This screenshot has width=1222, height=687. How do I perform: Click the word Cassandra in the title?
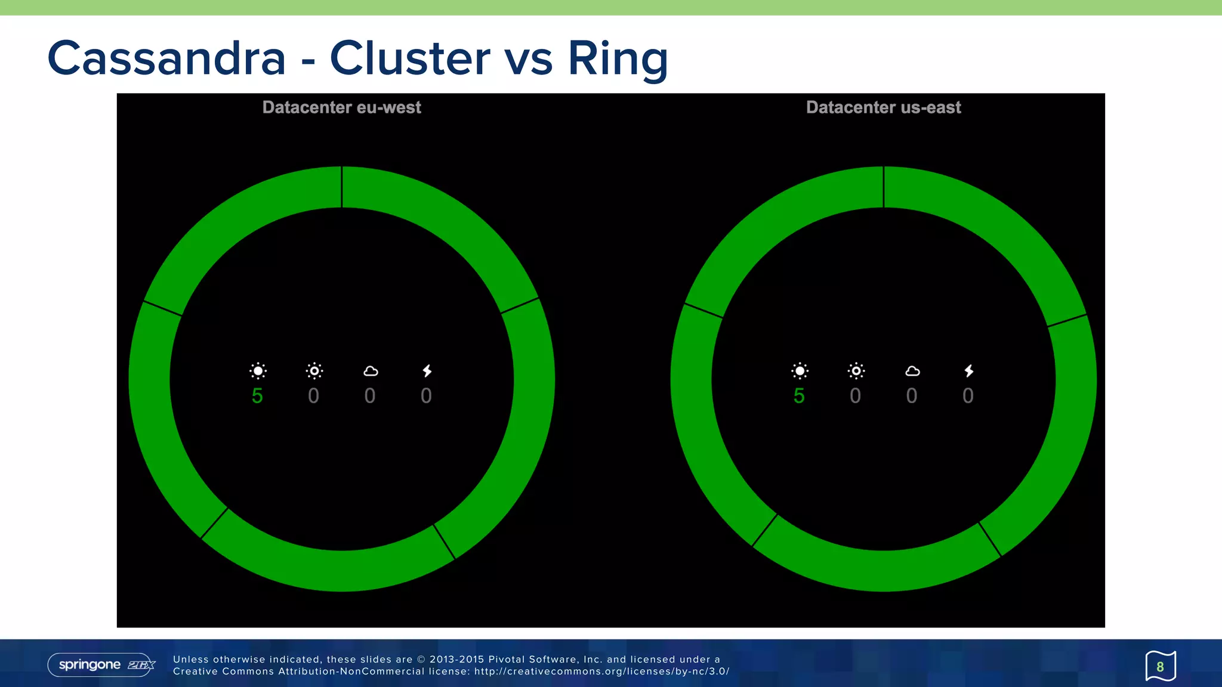pyautogui.click(x=166, y=58)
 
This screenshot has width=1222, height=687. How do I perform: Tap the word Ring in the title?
pyautogui.click(x=618, y=58)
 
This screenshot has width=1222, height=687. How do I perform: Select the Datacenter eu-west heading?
pyautogui.click(x=341, y=107)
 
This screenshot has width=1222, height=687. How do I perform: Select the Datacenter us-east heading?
pyautogui.click(x=883, y=107)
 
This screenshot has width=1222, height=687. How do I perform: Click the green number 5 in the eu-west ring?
pyautogui.click(x=257, y=396)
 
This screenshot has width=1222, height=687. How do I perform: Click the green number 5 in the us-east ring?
pyautogui.click(x=799, y=396)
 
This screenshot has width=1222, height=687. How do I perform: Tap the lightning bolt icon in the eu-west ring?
pyautogui.click(x=427, y=371)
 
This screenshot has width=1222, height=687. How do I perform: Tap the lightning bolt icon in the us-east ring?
pyautogui.click(x=969, y=371)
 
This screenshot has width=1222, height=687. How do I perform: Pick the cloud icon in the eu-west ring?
pyautogui.click(x=371, y=372)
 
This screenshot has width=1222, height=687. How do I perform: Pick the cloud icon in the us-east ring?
pyautogui.click(x=912, y=372)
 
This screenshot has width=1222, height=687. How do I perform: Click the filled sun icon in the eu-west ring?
pyautogui.click(x=258, y=371)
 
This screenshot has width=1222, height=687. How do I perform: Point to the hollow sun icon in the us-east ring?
pyautogui.click(x=856, y=371)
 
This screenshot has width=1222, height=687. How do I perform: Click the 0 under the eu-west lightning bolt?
pyautogui.click(x=426, y=396)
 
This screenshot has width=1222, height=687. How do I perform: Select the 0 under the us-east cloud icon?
pyautogui.click(x=911, y=396)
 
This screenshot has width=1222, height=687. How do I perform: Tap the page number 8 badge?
pyautogui.click(x=1160, y=666)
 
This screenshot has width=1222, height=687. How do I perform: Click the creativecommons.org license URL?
pyautogui.click(x=601, y=671)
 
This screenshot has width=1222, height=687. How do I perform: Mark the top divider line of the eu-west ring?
pyautogui.click(x=342, y=187)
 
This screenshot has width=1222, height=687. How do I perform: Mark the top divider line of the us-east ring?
pyautogui.click(x=884, y=187)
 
